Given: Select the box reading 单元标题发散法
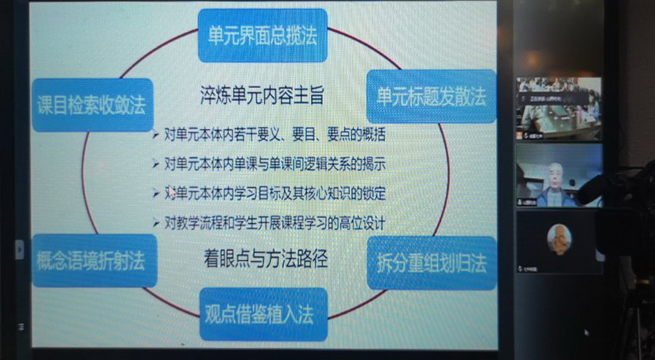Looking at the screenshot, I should pos(431,96).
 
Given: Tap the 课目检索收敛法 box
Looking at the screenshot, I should pos(92,105).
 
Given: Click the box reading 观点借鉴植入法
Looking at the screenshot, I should pos(263,315).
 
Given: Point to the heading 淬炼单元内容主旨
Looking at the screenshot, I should pos(262,95).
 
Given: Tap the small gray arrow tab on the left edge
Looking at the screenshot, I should pos(20,249).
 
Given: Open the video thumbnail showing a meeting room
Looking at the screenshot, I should pos(559,108).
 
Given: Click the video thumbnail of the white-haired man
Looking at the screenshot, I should pos(559,175).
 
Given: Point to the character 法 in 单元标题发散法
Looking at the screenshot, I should pos(477,96).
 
